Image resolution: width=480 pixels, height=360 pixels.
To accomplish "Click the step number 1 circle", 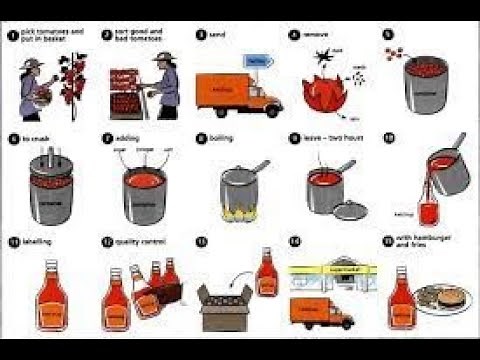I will (11, 35).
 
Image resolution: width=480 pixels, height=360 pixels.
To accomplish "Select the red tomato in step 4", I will (323, 92).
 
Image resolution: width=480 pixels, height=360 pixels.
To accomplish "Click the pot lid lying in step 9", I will (346, 213).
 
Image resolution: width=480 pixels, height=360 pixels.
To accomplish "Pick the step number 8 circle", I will (200, 137).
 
